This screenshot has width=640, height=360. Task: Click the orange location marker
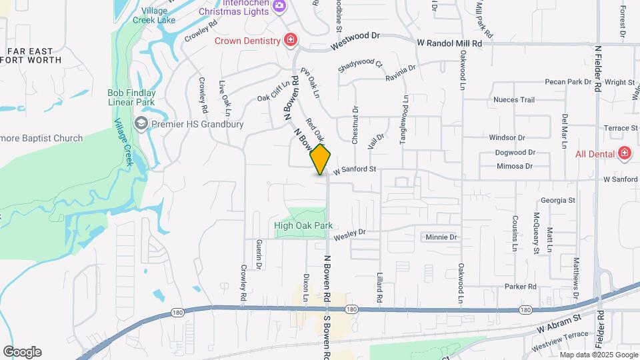click(x=321, y=159)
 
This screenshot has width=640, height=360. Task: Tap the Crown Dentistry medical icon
click(x=290, y=41)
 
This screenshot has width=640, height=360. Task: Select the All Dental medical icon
click(x=625, y=154)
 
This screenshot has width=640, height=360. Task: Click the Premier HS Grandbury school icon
click(x=141, y=124)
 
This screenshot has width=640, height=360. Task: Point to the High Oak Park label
click(x=303, y=226)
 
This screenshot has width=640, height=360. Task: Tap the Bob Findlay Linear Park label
click(x=131, y=97)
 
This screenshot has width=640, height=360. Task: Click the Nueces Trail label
click(x=514, y=100)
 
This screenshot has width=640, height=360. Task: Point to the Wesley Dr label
click(x=349, y=233)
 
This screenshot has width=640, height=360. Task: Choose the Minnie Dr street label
click(x=441, y=237)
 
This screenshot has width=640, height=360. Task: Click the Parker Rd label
click(x=520, y=287)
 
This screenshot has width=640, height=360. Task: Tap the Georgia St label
click(x=557, y=200)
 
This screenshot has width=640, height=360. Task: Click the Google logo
click(x=22, y=352)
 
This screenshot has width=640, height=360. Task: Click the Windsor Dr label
click(x=507, y=137)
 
